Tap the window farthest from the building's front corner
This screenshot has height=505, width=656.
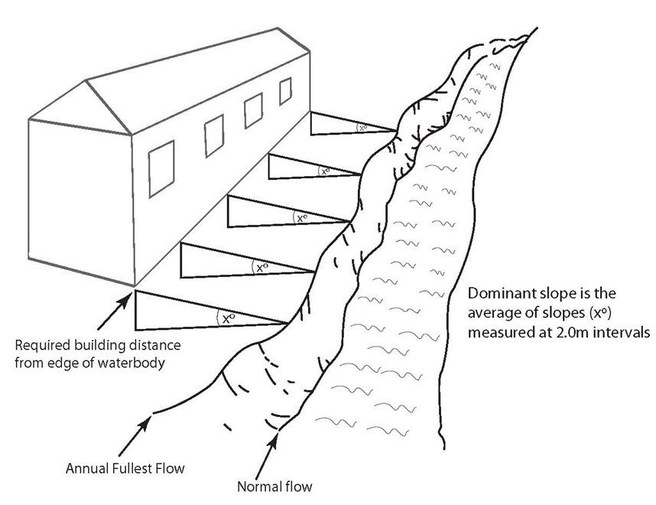click(285, 91)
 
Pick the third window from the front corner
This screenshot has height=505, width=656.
click(252, 112)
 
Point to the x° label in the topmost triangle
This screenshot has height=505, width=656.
click(362, 129)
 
